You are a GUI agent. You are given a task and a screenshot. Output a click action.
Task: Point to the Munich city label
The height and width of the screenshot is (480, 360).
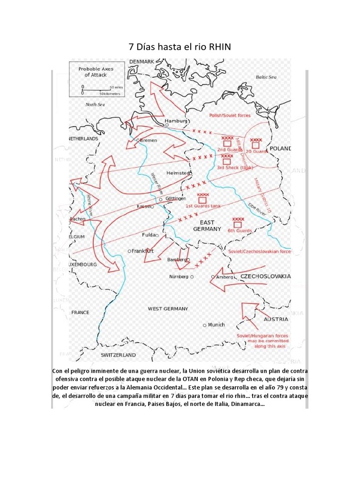point(216,324)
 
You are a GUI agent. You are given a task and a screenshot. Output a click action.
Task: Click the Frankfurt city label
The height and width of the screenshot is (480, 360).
point(143,251)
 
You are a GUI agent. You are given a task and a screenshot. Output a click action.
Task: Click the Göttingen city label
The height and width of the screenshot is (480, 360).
point(176,199)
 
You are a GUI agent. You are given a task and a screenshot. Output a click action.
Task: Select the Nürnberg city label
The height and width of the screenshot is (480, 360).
point(179,277)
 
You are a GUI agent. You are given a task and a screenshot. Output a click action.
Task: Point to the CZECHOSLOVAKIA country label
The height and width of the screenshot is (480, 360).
point(265,276)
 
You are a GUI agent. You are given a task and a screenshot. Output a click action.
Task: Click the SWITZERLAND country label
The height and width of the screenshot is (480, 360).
point(118,355)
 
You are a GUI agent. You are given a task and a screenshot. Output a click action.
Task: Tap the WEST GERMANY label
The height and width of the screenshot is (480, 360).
point(168,308)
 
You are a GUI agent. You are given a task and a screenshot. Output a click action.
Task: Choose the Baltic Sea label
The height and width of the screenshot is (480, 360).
point(266,77)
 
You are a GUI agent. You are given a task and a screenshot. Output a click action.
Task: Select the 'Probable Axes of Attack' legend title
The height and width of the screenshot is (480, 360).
point(96,72)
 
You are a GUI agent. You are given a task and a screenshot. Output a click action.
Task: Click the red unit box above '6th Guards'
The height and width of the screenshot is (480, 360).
point(238,225)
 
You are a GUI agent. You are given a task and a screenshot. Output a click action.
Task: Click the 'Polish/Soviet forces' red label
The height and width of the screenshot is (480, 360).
point(230,115)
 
